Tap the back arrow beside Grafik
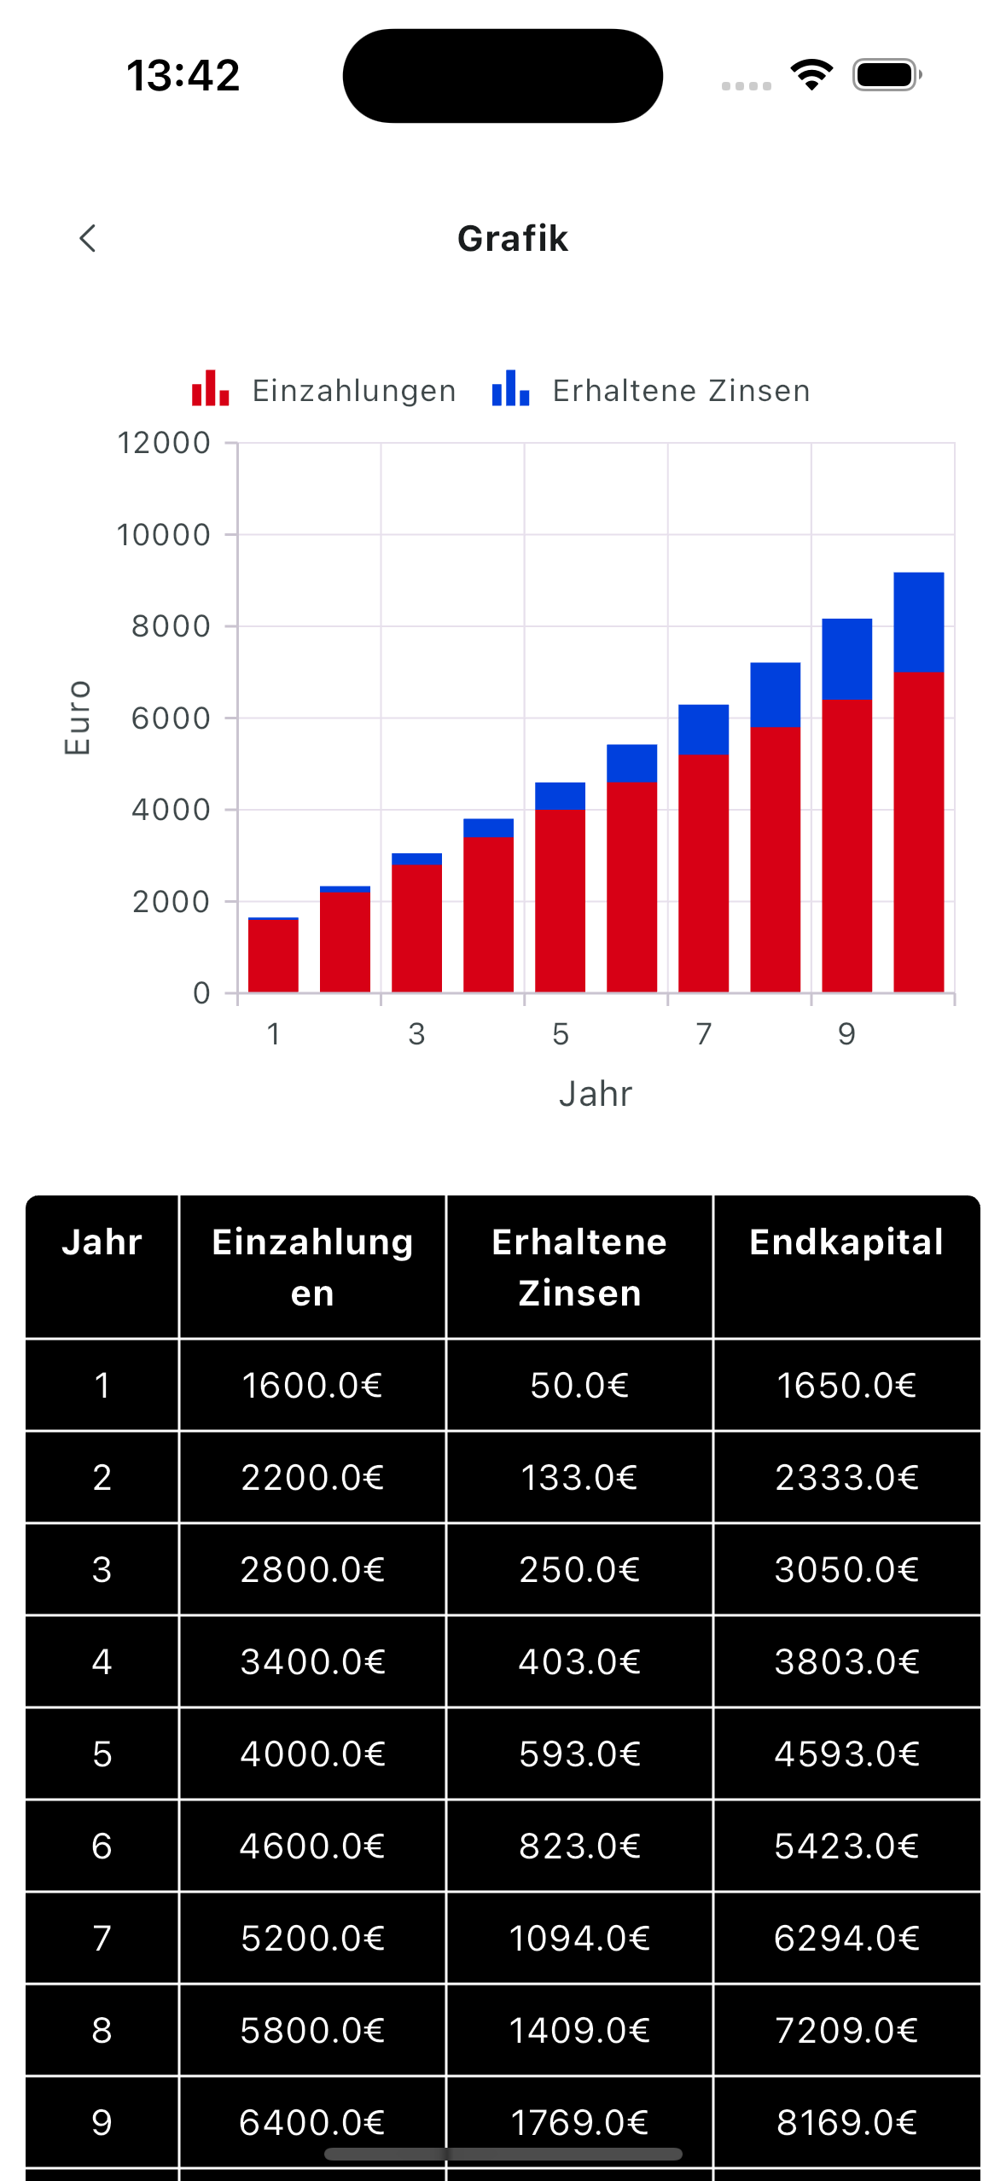pos(87,238)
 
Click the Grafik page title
pos(512,239)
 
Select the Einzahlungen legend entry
pos(324,390)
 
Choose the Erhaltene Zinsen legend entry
pos(651,390)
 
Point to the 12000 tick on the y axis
pos(163,443)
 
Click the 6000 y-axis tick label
pos(171,718)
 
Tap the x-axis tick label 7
pos(703,1034)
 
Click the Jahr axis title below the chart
pos(595,1094)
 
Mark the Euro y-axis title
pos(77,718)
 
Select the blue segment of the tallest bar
pos(918,621)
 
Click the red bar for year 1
pos(273,956)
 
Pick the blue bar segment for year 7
pos(703,730)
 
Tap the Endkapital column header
pos(846,1242)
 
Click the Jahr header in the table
pos(102,1242)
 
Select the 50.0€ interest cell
pos(579,1386)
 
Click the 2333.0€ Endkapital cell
pos(846,1478)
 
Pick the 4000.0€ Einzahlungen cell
pos(312,1754)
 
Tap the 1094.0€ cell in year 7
pos(579,1939)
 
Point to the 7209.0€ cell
pos(846,2031)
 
